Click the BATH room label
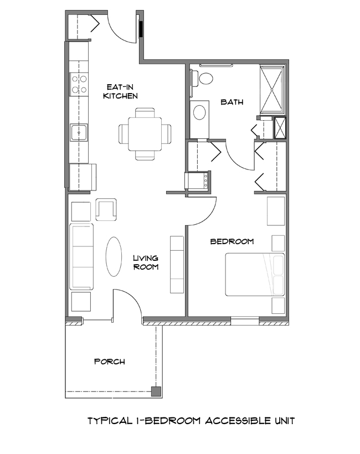click(230, 102)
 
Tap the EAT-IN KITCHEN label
click(120, 91)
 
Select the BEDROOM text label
click(232, 241)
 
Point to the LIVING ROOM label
click(146, 262)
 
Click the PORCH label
click(109, 362)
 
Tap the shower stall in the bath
click(272, 90)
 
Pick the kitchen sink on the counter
click(79, 133)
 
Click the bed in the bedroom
click(255, 275)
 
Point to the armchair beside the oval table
click(106, 209)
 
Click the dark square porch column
click(157, 392)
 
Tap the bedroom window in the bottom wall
click(244, 319)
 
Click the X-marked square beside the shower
click(281, 128)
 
